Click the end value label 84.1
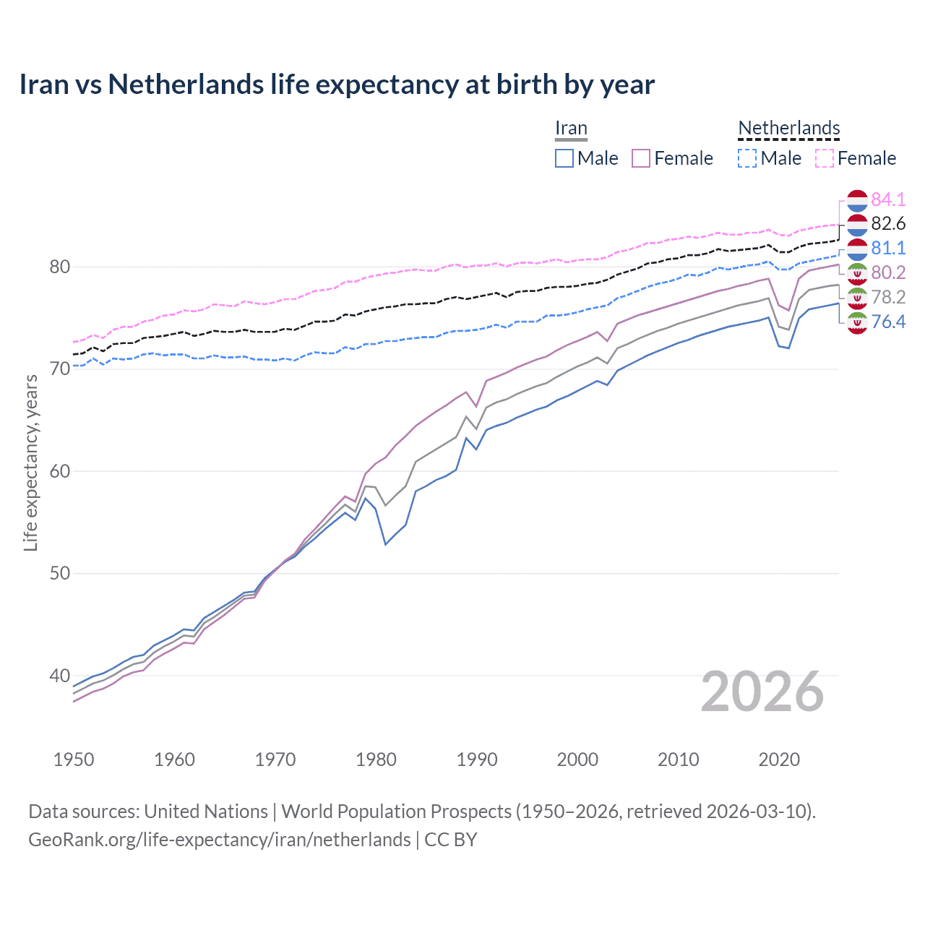click(x=888, y=199)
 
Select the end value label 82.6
click(x=888, y=224)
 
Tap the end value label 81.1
click(x=888, y=249)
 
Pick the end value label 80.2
click(x=888, y=273)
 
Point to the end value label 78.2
click(x=888, y=298)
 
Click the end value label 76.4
click(x=888, y=322)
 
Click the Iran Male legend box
click(x=564, y=158)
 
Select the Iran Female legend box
click(x=641, y=158)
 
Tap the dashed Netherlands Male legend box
click(x=747, y=158)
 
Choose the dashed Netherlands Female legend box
click(x=825, y=158)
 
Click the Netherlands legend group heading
click(x=788, y=129)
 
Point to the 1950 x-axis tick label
click(x=74, y=760)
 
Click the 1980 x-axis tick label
click(x=376, y=760)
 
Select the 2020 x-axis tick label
click(x=779, y=760)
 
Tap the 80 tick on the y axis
click(x=59, y=267)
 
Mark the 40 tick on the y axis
click(x=59, y=676)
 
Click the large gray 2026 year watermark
click(x=762, y=692)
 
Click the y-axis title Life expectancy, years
click(x=31, y=462)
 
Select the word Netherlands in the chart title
click(x=186, y=85)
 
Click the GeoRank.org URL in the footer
click(x=219, y=840)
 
